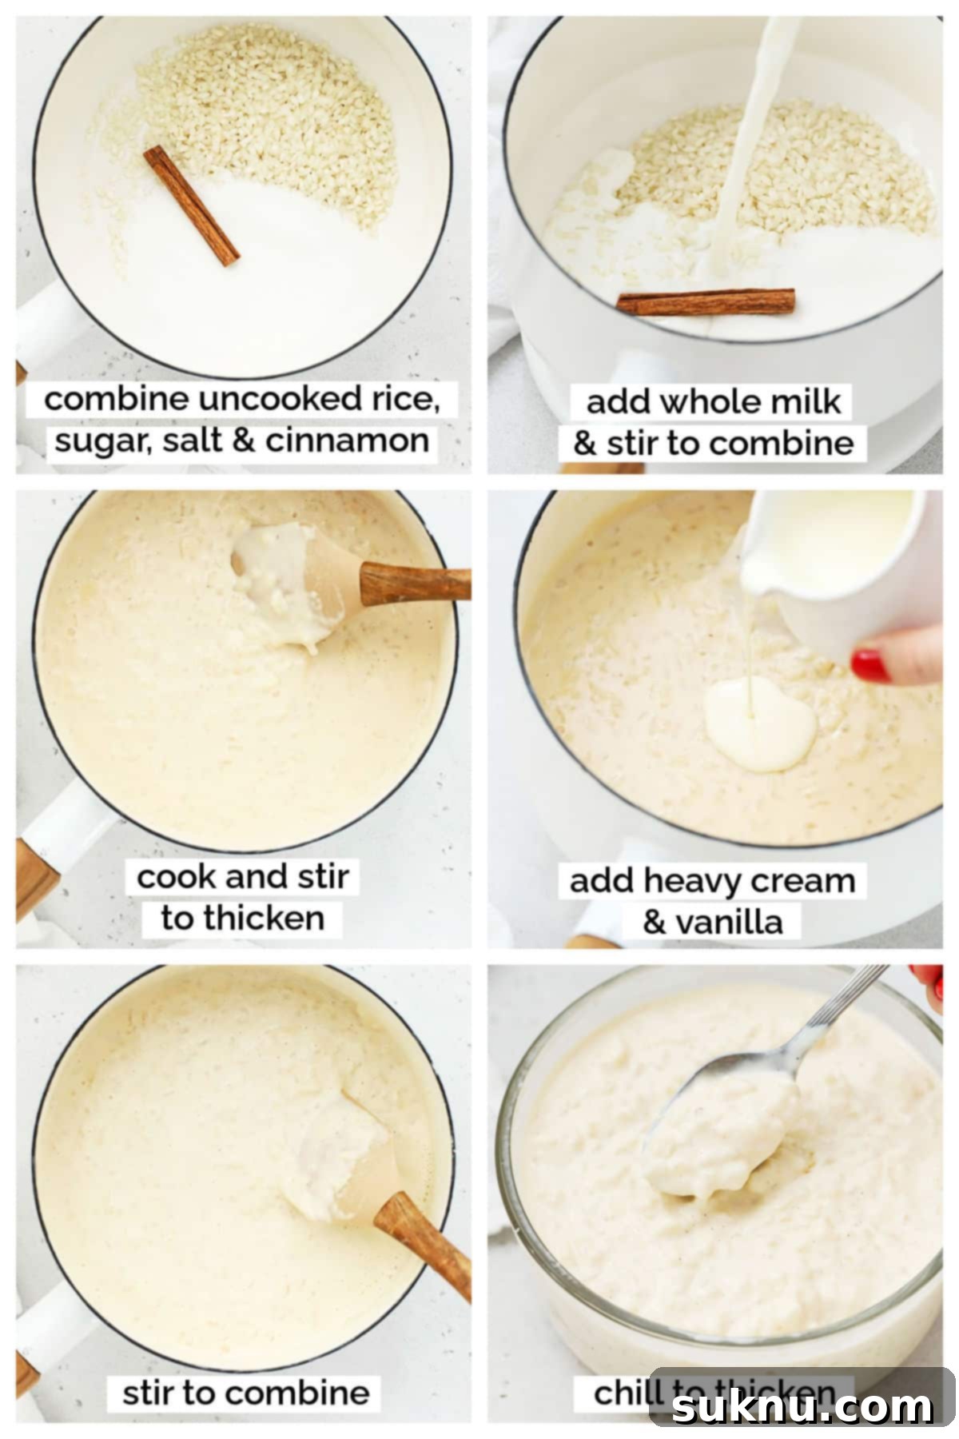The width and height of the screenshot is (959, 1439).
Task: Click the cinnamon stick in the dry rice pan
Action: [x=192, y=205]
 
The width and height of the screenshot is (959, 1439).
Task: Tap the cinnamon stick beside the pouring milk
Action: [x=706, y=301]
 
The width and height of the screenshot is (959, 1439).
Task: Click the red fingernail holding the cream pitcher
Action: [x=870, y=666]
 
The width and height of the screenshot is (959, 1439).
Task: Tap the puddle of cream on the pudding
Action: [x=759, y=723]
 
